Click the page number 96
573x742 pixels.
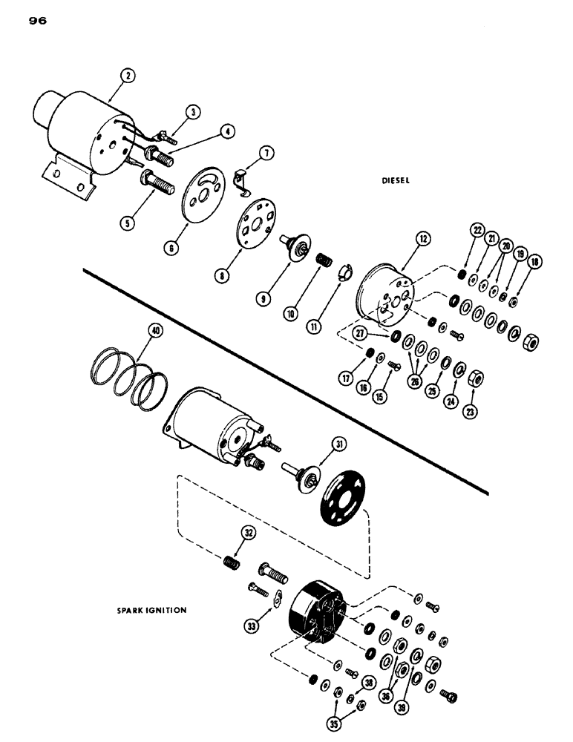click(x=38, y=22)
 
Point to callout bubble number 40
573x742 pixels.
click(x=154, y=332)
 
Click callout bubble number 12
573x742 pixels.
click(x=423, y=239)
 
